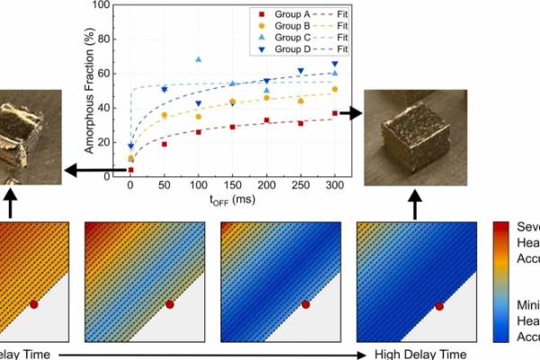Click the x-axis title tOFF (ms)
(x=232, y=202)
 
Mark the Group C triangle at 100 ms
(x=198, y=60)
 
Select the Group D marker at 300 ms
(x=334, y=65)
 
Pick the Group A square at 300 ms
(x=334, y=113)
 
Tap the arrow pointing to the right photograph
(x=352, y=113)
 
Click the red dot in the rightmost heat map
(x=440, y=306)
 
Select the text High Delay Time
(x=420, y=354)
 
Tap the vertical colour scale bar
(x=503, y=282)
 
